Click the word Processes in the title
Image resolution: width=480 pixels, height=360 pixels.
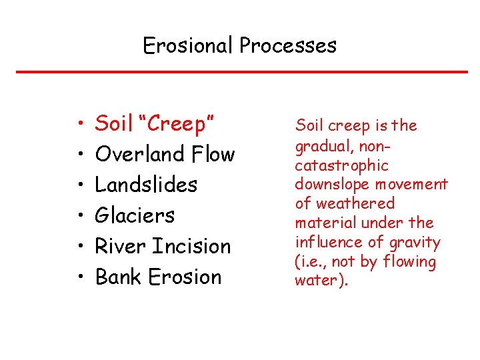tap(288, 45)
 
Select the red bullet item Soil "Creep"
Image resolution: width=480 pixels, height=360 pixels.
tap(154, 123)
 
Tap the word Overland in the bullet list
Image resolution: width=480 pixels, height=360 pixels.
tap(139, 154)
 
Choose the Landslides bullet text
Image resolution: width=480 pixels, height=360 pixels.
tap(146, 185)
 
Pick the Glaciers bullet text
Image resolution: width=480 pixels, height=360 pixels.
tap(135, 215)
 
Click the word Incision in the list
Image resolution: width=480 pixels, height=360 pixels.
tap(193, 246)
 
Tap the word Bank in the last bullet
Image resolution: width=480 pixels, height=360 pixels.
tap(119, 277)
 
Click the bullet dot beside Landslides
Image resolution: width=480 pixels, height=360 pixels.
tap(79, 185)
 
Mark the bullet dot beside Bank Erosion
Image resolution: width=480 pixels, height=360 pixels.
tap(79, 277)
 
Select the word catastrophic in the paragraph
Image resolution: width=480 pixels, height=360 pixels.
tap(341, 165)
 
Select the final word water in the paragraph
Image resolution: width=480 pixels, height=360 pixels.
tap(313, 281)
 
